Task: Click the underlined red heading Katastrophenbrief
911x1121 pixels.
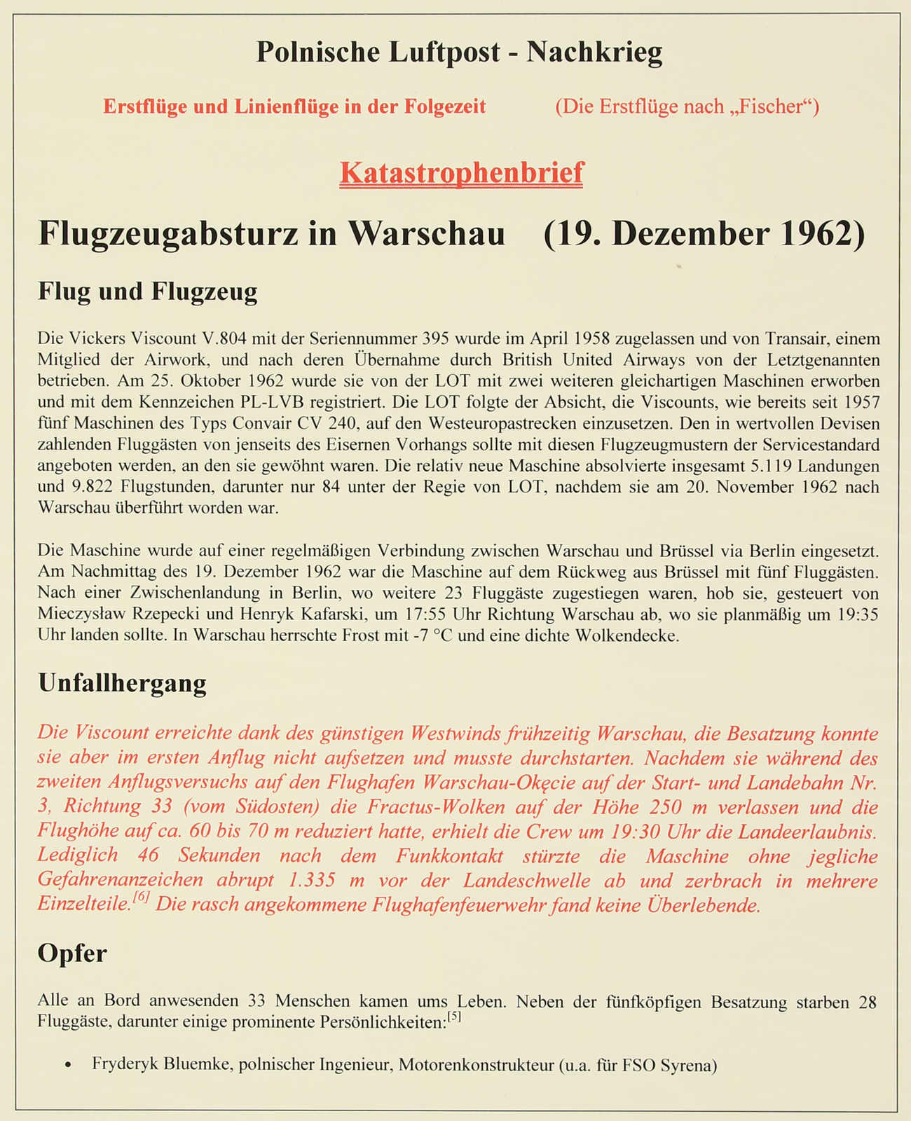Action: click(x=461, y=172)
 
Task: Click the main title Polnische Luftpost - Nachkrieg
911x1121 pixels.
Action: click(x=459, y=52)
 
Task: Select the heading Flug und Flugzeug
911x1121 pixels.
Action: click(x=148, y=291)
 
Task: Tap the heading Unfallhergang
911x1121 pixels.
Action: click(x=122, y=682)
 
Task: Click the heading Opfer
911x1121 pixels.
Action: click(x=72, y=953)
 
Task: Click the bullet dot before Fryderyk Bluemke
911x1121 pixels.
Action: click(x=67, y=1066)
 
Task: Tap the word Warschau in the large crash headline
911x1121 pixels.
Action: click(x=427, y=233)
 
